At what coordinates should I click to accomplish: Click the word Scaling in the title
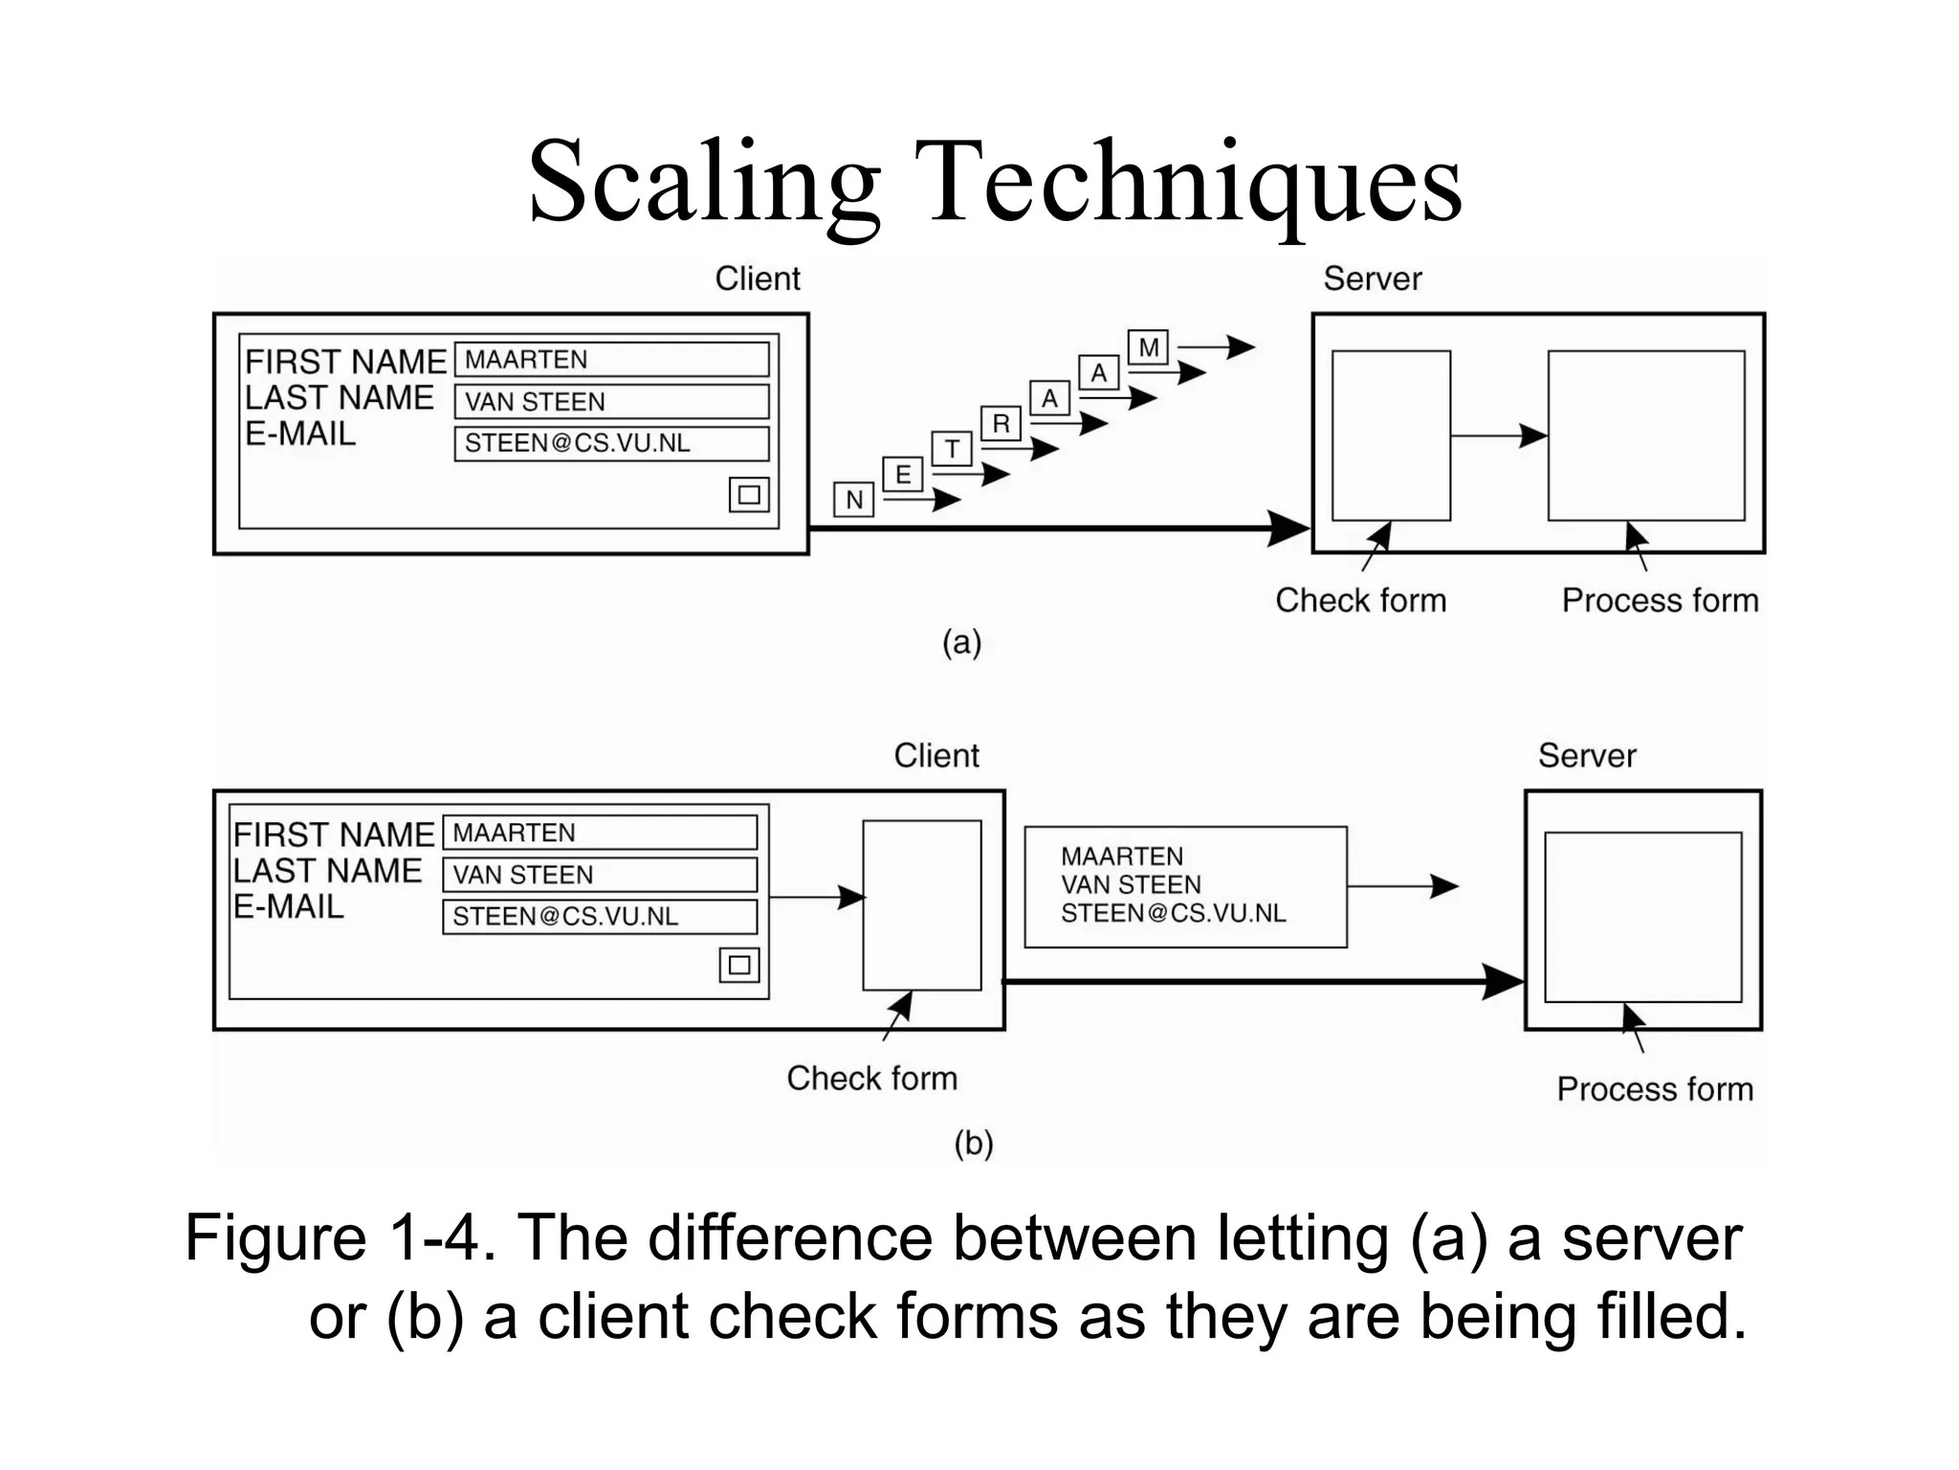pyautogui.click(x=703, y=182)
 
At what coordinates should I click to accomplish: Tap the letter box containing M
pyautogui.click(x=1148, y=347)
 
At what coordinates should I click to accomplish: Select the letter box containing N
pyautogui.click(x=853, y=500)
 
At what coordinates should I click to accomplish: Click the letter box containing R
pyautogui.click(x=1001, y=423)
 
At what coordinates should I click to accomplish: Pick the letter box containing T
pyautogui.click(x=952, y=449)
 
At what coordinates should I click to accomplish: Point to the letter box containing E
pyautogui.click(x=902, y=475)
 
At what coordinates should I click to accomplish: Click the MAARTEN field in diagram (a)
pyautogui.click(x=611, y=360)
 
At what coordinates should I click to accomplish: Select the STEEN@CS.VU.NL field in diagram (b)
pyautogui.click(x=600, y=916)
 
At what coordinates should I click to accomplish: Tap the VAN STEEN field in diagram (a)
pyautogui.click(x=611, y=402)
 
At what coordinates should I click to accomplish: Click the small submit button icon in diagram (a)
pyautogui.click(x=749, y=495)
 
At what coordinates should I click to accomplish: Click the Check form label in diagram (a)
pyautogui.click(x=1360, y=601)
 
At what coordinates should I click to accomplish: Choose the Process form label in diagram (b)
pyautogui.click(x=1655, y=1089)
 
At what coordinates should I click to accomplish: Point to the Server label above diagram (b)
pyautogui.click(x=1587, y=756)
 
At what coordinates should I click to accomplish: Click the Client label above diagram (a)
pyautogui.click(x=758, y=278)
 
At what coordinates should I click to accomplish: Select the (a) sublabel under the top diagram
pyautogui.click(x=961, y=642)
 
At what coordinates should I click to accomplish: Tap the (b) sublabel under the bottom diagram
pyautogui.click(x=974, y=1144)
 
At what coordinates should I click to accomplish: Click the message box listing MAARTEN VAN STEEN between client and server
pyautogui.click(x=1185, y=886)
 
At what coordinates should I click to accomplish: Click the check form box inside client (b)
pyautogui.click(x=921, y=904)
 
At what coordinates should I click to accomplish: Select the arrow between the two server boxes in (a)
pyautogui.click(x=1498, y=436)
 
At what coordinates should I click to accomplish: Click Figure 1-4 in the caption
pyautogui.click(x=340, y=1238)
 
